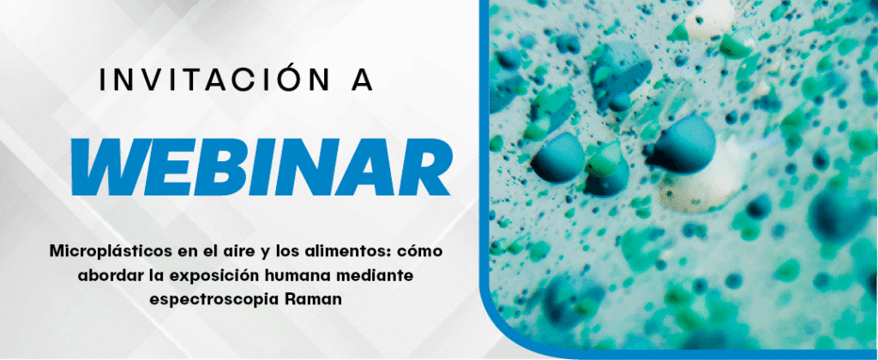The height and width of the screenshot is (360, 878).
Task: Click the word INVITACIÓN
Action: [x=214, y=80]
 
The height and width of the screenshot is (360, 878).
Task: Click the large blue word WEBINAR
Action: [x=261, y=167]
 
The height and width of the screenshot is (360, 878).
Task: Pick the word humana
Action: [x=292, y=275]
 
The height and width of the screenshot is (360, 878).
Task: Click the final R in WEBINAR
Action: [x=421, y=167]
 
